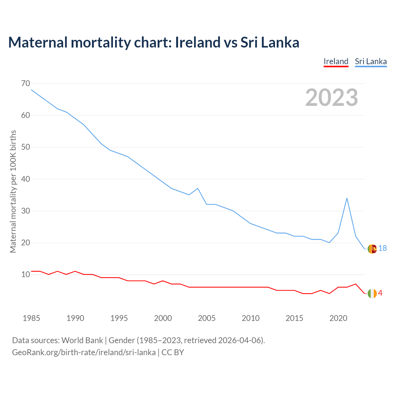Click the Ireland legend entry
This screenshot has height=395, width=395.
[336, 61]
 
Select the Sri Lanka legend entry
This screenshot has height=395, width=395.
[371, 61]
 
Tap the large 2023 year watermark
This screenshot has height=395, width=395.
[331, 98]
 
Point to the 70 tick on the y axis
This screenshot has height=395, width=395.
[26, 83]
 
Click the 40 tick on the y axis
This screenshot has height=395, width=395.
[26, 179]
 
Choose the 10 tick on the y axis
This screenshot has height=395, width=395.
[26, 274]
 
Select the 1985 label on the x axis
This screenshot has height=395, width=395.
[31, 318]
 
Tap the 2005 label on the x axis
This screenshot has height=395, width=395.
[206, 318]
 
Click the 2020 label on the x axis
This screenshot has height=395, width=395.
[338, 318]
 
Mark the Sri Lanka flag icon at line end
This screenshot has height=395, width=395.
[372, 249]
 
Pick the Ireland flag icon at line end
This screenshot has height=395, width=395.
[372, 293]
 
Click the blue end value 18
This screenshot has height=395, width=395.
[382, 248]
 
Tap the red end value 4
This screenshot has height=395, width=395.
[380, 293]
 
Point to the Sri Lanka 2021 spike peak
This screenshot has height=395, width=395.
[347, 198]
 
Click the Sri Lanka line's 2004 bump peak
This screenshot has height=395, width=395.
[198, 188]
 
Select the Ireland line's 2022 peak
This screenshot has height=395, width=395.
[355, 284]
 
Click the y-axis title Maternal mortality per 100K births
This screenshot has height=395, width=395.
[13, 191]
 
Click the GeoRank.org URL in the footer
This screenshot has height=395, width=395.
[84, 352]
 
